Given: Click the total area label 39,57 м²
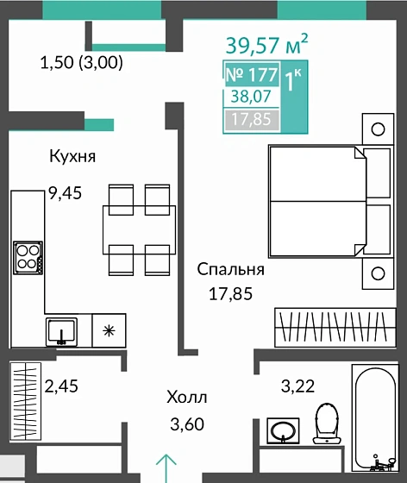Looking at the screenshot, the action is (x=266, y=44).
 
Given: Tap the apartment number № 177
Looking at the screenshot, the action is (x=252, y=74).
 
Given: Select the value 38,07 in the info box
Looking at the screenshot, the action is (x=251, y=97).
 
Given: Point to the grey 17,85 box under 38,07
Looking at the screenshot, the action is (x=252, y=119).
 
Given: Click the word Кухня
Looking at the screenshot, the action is (x=72, y=156).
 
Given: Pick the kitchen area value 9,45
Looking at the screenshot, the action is (x=66, y=193).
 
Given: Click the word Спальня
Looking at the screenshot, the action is (x=230, y=269).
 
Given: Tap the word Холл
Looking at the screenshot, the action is (x=187, y=397).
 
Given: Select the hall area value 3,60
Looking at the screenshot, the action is (x=187, y=423).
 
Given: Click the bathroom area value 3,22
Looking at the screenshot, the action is (x=297, y=386).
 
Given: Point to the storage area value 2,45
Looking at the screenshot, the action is (x=61, y=386).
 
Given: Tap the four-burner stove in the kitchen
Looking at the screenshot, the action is (x=28, y=258).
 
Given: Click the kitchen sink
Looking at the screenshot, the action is (x=61, y=332).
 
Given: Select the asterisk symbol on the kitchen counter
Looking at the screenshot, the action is (x=109, y=331).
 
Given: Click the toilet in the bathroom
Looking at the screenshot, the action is (x=327, y=423).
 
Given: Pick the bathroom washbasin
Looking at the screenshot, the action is (x=283, y=431).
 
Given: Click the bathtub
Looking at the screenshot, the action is (x=376, y=418).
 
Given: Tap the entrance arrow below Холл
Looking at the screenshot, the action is (x=166, y=468).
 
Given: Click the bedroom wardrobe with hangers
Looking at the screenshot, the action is (x=335, y=328).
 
